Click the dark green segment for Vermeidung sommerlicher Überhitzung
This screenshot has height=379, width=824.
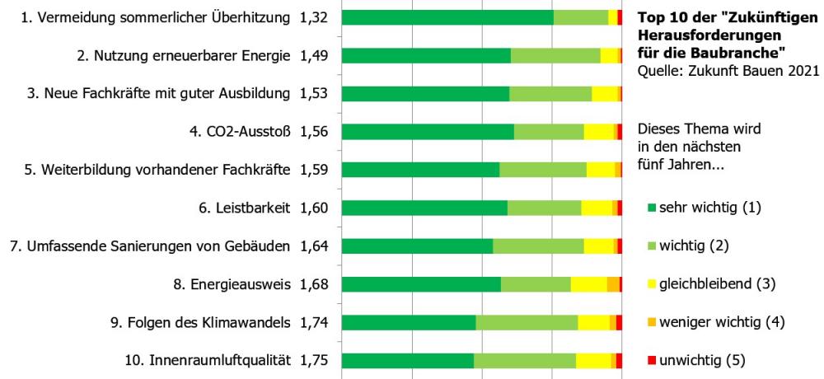pos(447,17)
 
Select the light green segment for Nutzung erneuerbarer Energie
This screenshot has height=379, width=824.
pos(555,55)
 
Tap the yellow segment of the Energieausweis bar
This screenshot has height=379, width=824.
pos(588,284)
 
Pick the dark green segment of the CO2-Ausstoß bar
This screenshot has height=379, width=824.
pos(428,132)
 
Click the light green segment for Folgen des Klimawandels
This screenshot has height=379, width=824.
pos(527,322)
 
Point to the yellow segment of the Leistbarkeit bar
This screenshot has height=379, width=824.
pos(596,208)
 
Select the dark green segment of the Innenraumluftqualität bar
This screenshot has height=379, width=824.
pos(408,360)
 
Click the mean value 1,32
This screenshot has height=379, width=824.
pos(314,17)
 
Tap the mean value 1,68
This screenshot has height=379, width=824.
pos(314,284)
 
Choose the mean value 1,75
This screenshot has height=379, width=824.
pos(314,360)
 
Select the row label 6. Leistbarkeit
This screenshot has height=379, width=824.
pos(246,208)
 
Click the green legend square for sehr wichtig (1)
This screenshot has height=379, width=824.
pos(651,208)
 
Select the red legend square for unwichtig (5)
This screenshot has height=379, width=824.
pos(651,360)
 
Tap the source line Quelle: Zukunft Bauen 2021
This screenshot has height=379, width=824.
pos(728,71)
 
